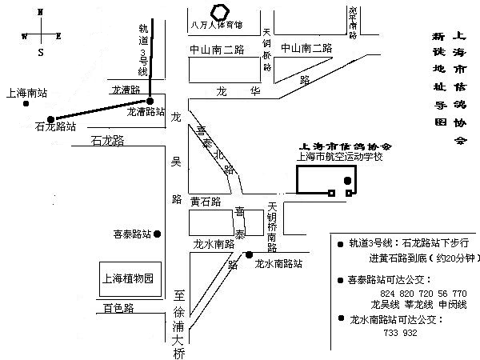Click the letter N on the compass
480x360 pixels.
[x=41, y=13]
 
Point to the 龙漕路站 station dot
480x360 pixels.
[x=150, y=101]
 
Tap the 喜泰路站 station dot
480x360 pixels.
[x=158, y=234]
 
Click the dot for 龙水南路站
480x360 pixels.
[x=250, y=254]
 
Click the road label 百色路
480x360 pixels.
[x=118, y=307]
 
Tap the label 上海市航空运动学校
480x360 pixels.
[x=340, y=158]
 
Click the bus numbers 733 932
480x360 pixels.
[x=401, y=331]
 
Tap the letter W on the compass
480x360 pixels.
[x=25, y=36]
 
